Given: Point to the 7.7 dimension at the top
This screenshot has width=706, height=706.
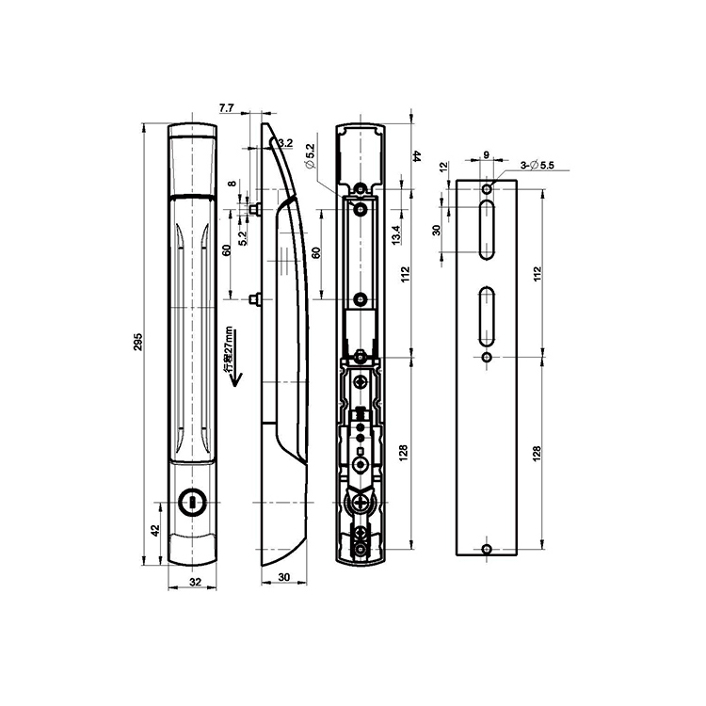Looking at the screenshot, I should [227, 110].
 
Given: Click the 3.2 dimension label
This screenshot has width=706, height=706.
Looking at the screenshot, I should [286, 143].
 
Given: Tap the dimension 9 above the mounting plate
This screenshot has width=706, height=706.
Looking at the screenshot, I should [486, 155].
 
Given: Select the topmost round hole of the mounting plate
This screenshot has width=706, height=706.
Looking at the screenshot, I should [487, 189].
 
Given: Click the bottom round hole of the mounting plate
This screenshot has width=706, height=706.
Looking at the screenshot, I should [487, 550].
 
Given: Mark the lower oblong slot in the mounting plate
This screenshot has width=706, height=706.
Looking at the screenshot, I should [487, 314].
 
